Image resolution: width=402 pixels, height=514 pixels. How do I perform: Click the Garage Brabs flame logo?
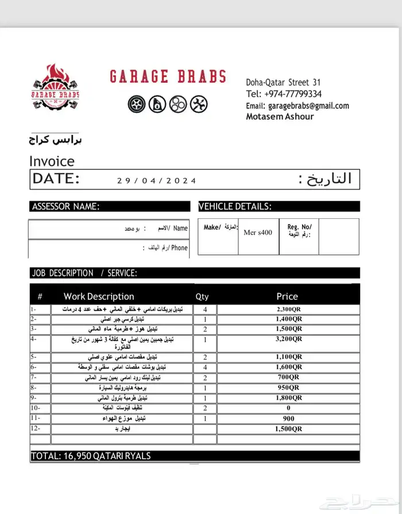[x=56, y=88]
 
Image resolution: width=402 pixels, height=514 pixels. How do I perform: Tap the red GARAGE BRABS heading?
[x=167, y=77]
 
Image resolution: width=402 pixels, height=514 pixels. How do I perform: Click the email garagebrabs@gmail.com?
[x=308, y=106]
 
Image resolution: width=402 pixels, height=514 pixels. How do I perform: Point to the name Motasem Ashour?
[x=280, y=117]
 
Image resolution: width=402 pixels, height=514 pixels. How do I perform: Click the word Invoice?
[x=52, y=161]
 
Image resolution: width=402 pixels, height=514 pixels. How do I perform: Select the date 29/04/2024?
[x=157, y=180]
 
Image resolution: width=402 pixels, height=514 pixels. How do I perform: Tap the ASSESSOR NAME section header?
[x=66, y=207]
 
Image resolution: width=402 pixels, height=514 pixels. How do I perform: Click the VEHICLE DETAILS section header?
[x=235, y=207]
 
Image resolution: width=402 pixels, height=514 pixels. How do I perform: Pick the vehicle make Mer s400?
[x=258, y=233]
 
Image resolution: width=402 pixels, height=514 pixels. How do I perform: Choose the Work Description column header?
[x=99, y=296]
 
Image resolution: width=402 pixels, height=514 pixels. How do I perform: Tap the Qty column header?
[x=202, y=297]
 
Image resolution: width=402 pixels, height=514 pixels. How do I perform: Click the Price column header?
[x=287, y=296]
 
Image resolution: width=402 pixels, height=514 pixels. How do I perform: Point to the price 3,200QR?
[x=288, y=339]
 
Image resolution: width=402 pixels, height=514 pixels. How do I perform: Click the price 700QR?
[x=288, y=377]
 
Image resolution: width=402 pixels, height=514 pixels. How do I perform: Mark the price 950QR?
[x=288, y=388]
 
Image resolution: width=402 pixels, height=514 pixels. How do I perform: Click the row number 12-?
[x=35, y=428]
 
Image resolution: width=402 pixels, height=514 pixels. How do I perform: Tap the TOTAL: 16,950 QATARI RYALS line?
[x=92, y=456]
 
